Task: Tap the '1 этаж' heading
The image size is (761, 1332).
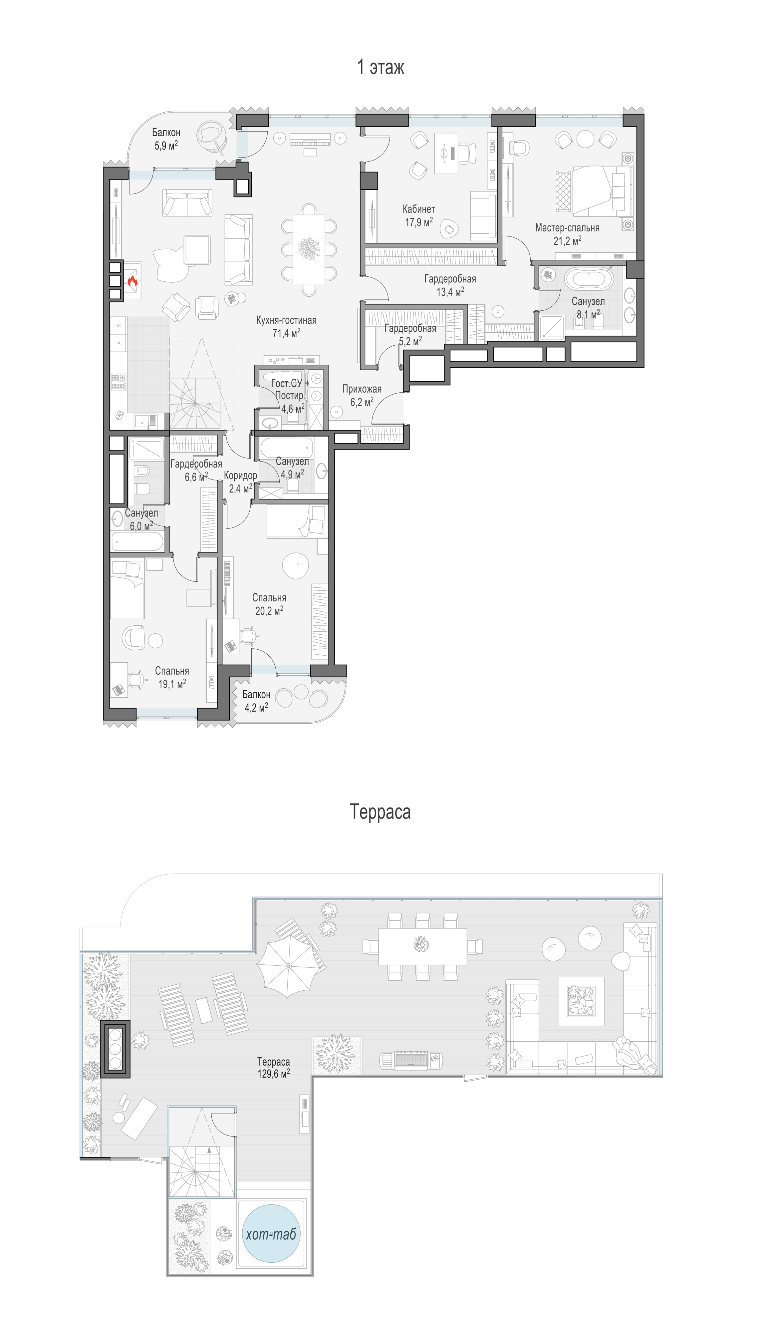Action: coord(381,68)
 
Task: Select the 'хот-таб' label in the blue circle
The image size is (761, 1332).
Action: coord(271,1234)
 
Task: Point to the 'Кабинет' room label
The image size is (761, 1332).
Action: coord(419,209)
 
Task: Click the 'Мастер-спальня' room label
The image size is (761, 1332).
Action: coord(567,228)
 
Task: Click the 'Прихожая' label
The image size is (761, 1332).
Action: coord(362,389)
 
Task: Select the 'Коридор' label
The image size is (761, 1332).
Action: coord(240,476)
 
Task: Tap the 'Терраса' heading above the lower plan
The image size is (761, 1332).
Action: coord(381,812)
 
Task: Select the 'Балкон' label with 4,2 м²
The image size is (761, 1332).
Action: coord(256,694)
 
